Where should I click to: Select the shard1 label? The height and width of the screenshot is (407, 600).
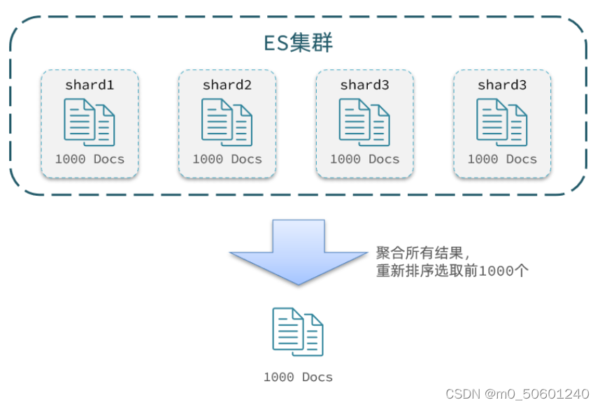[90, 85]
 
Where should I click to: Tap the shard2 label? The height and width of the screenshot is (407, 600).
[227, 85]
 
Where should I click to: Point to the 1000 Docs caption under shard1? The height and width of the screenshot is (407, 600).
[90, 159]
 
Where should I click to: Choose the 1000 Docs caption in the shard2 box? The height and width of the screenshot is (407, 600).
[227, 159]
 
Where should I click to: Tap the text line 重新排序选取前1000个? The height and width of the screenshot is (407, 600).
[452, 271]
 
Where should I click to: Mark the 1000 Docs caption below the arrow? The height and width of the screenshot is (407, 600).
[299, 378]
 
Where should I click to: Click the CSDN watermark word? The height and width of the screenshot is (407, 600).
[459, 394]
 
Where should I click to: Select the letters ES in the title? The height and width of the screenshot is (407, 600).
[275, 43]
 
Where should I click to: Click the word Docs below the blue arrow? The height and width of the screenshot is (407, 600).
[317, 378]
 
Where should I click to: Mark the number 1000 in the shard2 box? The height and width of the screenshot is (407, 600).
[208, 159]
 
